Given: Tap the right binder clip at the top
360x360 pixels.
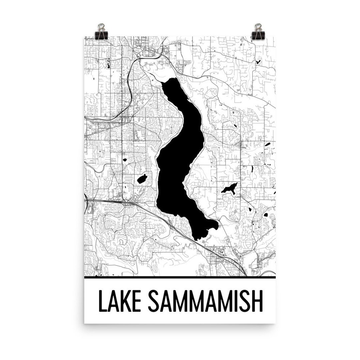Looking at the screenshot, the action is point(259,32).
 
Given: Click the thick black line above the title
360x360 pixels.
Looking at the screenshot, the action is point(180,277).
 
